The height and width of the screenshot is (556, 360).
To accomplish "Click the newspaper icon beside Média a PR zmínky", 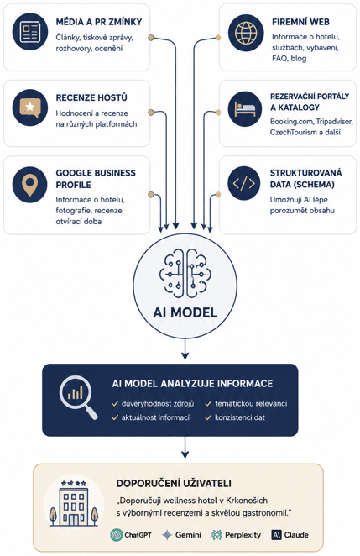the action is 29,32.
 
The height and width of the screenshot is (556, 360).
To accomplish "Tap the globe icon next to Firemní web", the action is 246,33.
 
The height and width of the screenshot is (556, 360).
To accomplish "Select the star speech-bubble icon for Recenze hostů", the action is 29,108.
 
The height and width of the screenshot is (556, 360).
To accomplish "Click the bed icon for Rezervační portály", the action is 245,108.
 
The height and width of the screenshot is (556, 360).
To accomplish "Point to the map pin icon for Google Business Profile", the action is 29,185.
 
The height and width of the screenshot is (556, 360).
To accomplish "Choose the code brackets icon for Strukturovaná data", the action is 244,183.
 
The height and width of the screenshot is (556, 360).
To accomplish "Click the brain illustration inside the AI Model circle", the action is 185,273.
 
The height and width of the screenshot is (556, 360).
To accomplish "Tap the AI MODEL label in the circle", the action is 185,312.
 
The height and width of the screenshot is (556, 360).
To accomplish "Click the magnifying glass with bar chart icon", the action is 78,398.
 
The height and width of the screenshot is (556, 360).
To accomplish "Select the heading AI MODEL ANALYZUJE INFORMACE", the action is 192,384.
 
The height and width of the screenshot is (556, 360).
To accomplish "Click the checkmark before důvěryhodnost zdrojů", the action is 115,403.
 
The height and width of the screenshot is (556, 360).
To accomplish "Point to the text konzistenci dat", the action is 239,417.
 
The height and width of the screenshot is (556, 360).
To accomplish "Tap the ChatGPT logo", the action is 116,535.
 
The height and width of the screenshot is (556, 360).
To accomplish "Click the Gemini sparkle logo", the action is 167,535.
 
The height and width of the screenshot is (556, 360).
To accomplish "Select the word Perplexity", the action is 243,535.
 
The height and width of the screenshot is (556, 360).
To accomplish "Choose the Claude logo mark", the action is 276,535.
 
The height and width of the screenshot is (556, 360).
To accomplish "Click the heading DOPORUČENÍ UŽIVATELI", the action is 174,483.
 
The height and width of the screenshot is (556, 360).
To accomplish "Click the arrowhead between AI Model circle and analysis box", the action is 185,354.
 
